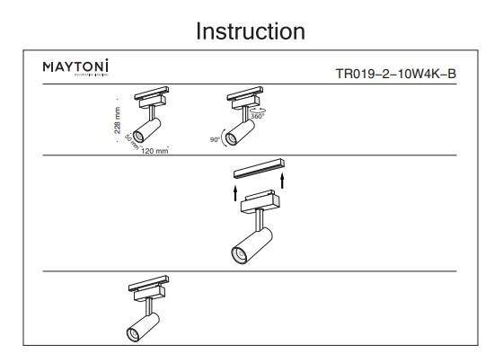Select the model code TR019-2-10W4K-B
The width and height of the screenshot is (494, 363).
point(396,74)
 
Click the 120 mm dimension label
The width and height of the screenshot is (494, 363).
point(154,151)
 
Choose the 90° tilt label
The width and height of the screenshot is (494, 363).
point(216,140)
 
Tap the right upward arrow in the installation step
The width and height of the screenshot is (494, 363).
point(284,181)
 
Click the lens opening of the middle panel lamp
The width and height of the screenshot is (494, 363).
point(239,255)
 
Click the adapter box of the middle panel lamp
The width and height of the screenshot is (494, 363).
point(260,199)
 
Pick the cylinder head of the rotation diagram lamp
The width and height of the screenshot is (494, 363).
point(238,130)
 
